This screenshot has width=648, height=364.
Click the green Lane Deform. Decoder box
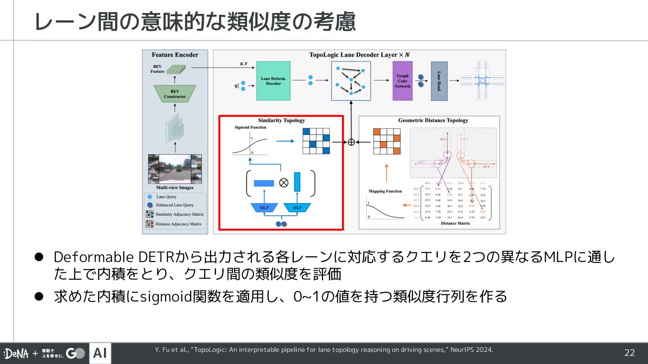273,80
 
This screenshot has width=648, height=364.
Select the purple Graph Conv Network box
402,81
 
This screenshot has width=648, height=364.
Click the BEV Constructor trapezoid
175,94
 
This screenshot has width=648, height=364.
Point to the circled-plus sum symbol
351,142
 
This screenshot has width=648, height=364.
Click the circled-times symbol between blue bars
283,182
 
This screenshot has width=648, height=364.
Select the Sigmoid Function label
250,127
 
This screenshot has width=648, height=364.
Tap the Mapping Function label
385,191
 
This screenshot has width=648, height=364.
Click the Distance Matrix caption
455,223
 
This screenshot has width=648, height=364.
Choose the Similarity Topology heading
281,120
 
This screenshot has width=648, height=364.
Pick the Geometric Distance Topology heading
433,120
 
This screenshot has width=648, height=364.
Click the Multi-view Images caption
175,187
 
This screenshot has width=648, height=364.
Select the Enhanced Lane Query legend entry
175,205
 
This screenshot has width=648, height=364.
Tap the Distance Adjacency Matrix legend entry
178,224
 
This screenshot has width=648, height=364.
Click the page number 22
630,353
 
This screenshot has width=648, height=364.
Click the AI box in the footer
100,353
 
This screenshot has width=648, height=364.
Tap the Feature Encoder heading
175,55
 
